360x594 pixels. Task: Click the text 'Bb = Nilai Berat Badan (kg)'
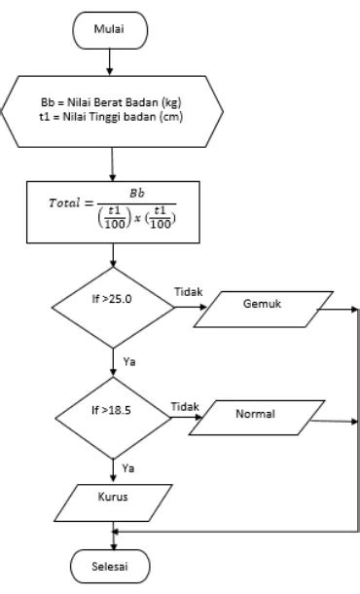point(115,101)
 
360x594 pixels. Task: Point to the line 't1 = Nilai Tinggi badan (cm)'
point(115,118)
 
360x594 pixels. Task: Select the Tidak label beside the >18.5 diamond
point(184,404)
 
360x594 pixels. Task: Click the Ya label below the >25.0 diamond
point(127,360)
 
